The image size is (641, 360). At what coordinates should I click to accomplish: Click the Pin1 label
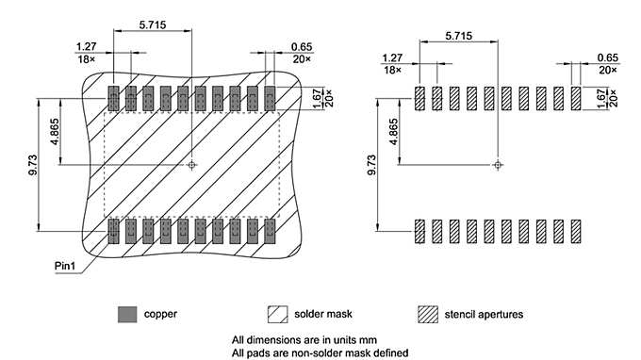pos(65,266)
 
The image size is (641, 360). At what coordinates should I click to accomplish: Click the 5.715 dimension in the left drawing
pos(153,25)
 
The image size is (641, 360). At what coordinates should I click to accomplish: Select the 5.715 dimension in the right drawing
pos(459,36)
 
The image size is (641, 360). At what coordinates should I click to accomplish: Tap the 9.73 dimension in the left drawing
pos(33,165)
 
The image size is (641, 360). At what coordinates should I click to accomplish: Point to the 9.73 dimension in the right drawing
pos(371,165)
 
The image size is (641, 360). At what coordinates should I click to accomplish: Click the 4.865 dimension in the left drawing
pos(55,132)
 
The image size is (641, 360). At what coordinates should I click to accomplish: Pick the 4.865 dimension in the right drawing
pos(393,132)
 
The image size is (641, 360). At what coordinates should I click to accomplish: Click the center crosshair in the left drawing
pos(191,165)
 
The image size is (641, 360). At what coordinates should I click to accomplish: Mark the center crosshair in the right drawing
pos(498,165)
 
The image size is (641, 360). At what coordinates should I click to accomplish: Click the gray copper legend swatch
pos(127,314)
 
